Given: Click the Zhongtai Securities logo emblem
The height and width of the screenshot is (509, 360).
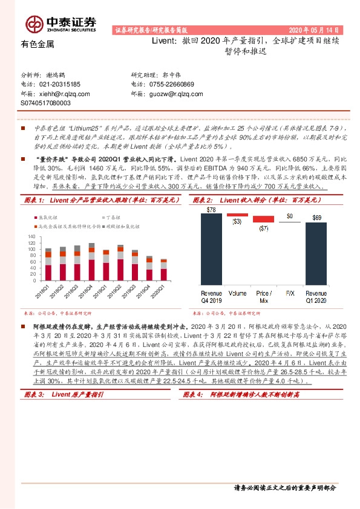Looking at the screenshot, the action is (33, 23).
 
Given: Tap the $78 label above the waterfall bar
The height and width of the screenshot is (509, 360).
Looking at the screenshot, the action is (211, 210).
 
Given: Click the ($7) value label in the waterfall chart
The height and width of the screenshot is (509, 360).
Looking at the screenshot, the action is (263, 228).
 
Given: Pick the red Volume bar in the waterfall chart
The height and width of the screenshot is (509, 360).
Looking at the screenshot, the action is (238, 215).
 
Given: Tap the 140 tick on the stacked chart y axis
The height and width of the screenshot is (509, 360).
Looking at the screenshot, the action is (31, 236).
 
